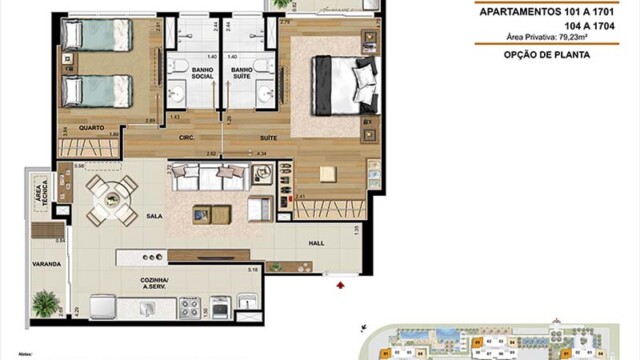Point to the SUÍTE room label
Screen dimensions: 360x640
tap(268, 139)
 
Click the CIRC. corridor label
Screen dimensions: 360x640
tap(186, 139)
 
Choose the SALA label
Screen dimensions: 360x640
tap(155, 214)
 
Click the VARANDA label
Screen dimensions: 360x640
tap(46, 264)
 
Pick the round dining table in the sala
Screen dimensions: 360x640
tap(111, 199)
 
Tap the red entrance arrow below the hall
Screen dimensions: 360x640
tap(342, 286)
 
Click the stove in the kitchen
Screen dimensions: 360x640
tap(190, 306)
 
